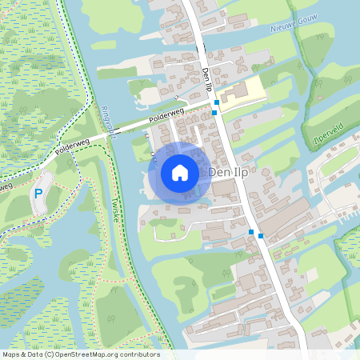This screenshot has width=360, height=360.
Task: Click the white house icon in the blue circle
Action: (180, 172)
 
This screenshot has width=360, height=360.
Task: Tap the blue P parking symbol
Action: (38, 194)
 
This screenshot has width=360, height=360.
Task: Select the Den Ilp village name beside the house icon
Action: (230, 172)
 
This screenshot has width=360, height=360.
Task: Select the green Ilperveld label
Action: (328, 140)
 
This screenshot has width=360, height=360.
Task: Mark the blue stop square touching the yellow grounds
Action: (217, 103)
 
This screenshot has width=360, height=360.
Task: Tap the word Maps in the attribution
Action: (11, 354)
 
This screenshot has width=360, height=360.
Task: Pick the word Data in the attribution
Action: (34, 354)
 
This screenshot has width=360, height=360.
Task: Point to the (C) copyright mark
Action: (49, 354)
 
